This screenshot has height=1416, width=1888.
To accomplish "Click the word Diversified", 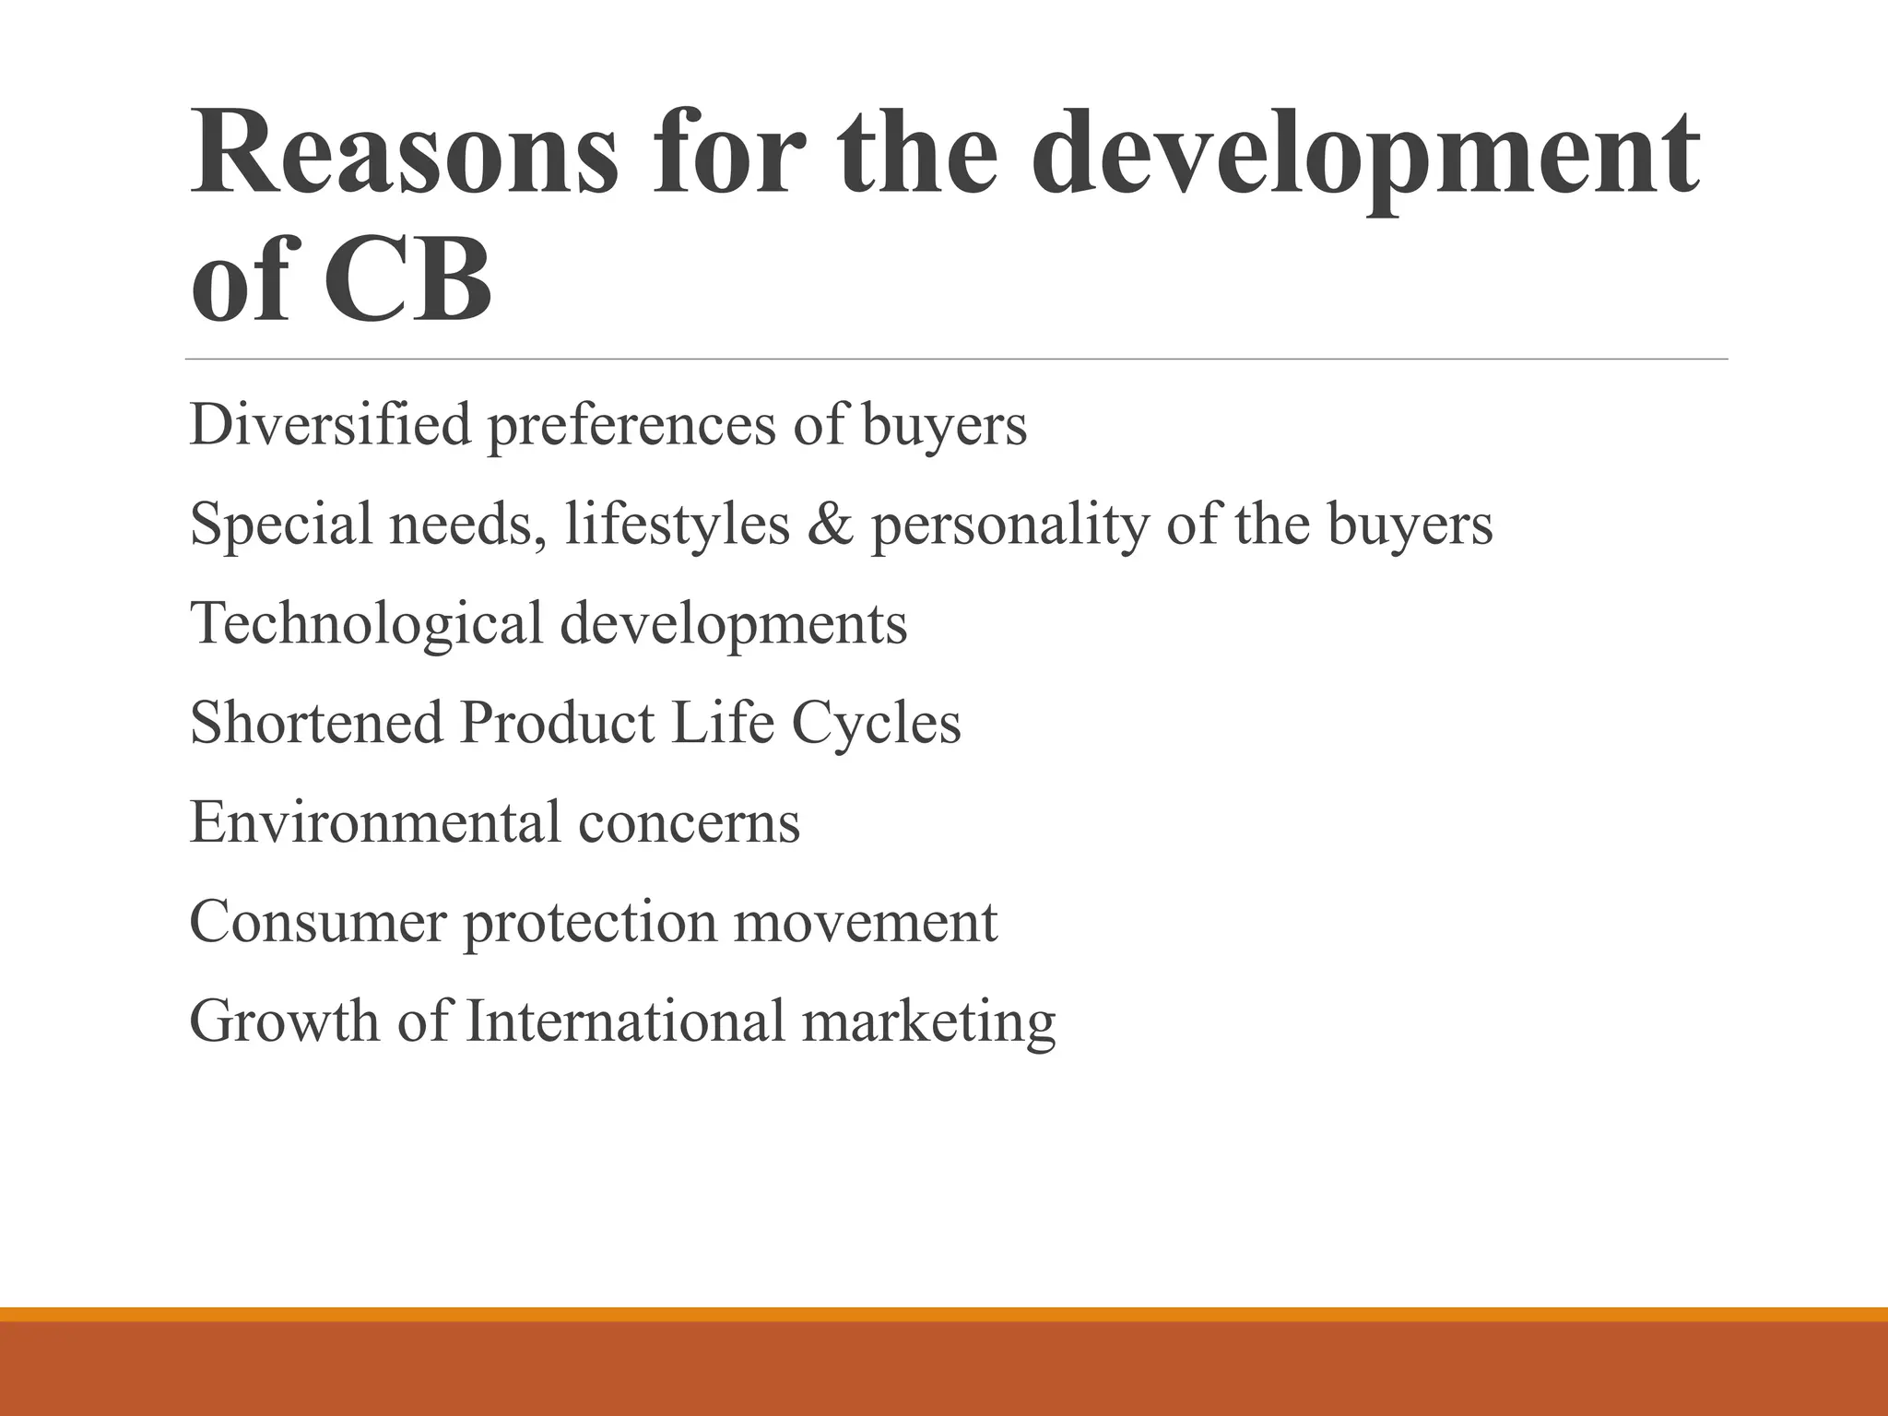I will pos(330,424).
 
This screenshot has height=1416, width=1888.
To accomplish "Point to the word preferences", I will pos(631,426).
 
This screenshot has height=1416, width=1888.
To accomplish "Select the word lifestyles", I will pos(678,524).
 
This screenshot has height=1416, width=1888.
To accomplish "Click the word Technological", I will pos(366,623).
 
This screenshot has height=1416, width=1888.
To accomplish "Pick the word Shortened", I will pos(316,722).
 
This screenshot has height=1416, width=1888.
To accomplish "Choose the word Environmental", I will pos(374,821).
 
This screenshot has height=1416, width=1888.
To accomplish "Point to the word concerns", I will pos(689,822).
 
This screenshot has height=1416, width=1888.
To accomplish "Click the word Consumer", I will pos(317,921).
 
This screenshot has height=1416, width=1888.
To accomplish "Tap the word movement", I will pos(865,921).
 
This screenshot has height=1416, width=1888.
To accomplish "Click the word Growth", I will pos(284,1021).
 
